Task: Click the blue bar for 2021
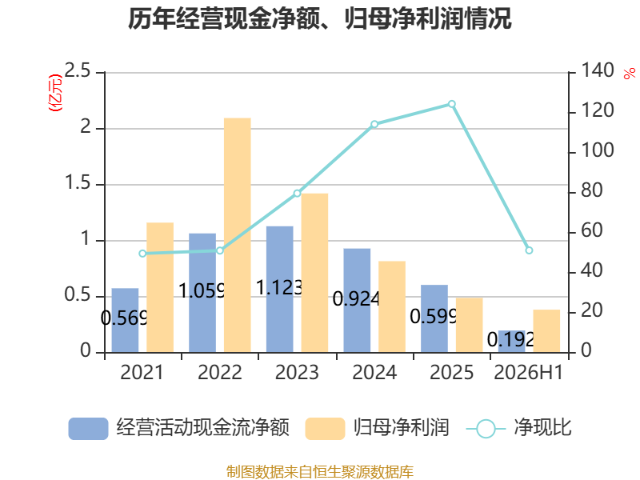tap(125, 320)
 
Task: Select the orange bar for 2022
tap(237, 235)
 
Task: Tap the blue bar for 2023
tap(279, 289)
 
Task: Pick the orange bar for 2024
tap(392, 306)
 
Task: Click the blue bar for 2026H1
tap(511, 342)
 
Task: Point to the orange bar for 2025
tap(470, 325)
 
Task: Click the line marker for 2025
tap(452, 104)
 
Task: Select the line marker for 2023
tap(297, 194)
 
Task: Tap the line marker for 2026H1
tap(529, 250)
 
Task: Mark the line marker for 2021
tap(142, 254)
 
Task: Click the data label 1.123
tap(279, 288)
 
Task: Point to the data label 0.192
tap(510, 339)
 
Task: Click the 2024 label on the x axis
tap(374, 372)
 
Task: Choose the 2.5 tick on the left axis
tap(78, 71)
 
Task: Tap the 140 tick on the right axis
tap(597, 70)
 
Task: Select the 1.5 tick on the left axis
tap(78, 183)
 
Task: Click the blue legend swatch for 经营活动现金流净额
tap(88, 429)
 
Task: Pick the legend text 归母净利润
tap(402, 428)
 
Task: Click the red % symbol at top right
tap(630, 74)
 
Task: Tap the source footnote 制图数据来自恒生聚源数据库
tap(320, 472)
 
